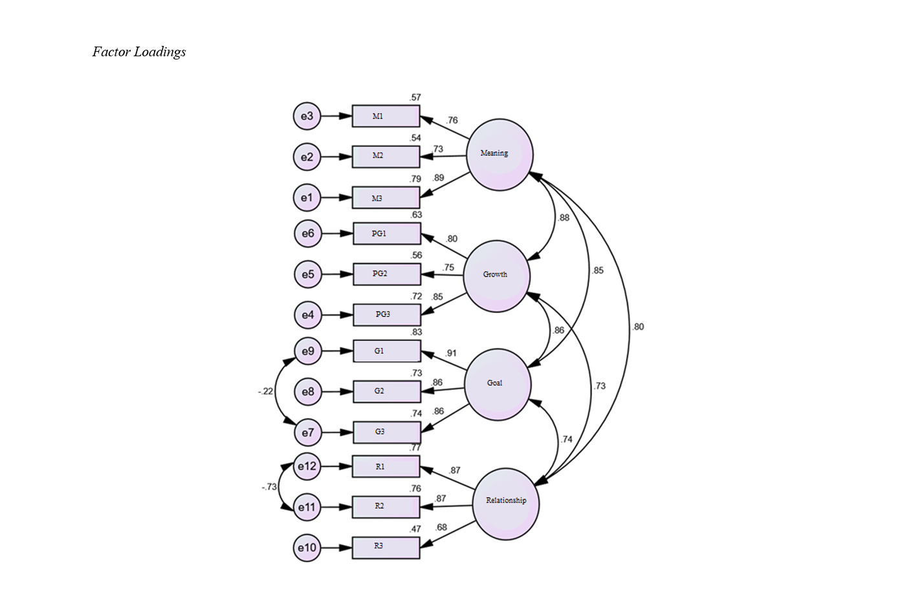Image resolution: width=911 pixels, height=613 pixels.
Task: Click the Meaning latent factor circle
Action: point(499,155)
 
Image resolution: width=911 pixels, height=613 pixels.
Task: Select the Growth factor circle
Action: point(496,276)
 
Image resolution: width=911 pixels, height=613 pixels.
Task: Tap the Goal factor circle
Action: point(497,385)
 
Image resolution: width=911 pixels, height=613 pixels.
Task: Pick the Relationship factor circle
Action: point(505,504)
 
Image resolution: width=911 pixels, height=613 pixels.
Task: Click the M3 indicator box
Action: point(386,198)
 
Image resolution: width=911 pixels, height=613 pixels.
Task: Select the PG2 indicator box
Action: point(387,274)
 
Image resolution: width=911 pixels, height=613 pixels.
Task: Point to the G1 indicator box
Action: point(387,351)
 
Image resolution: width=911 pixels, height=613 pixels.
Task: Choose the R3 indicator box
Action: point(386,548)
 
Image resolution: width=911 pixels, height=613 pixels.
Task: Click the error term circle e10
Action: point(307,548)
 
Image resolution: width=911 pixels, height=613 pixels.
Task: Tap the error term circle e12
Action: point(307,466)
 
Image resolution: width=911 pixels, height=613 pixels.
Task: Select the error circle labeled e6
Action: point(307,233)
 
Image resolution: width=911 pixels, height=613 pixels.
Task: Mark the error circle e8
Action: point(307,392)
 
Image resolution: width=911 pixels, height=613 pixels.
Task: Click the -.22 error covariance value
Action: point(265,391)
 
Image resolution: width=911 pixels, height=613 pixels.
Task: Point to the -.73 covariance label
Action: point(269,487)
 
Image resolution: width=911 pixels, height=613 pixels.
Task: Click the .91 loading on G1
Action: point(451,353)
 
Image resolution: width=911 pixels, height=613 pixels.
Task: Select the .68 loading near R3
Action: point(441,527)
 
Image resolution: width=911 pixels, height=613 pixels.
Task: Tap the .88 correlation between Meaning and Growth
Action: point(564,218)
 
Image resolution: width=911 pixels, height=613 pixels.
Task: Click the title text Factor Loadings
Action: point(139,52)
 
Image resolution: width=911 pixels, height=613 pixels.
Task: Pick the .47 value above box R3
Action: point(415,529)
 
